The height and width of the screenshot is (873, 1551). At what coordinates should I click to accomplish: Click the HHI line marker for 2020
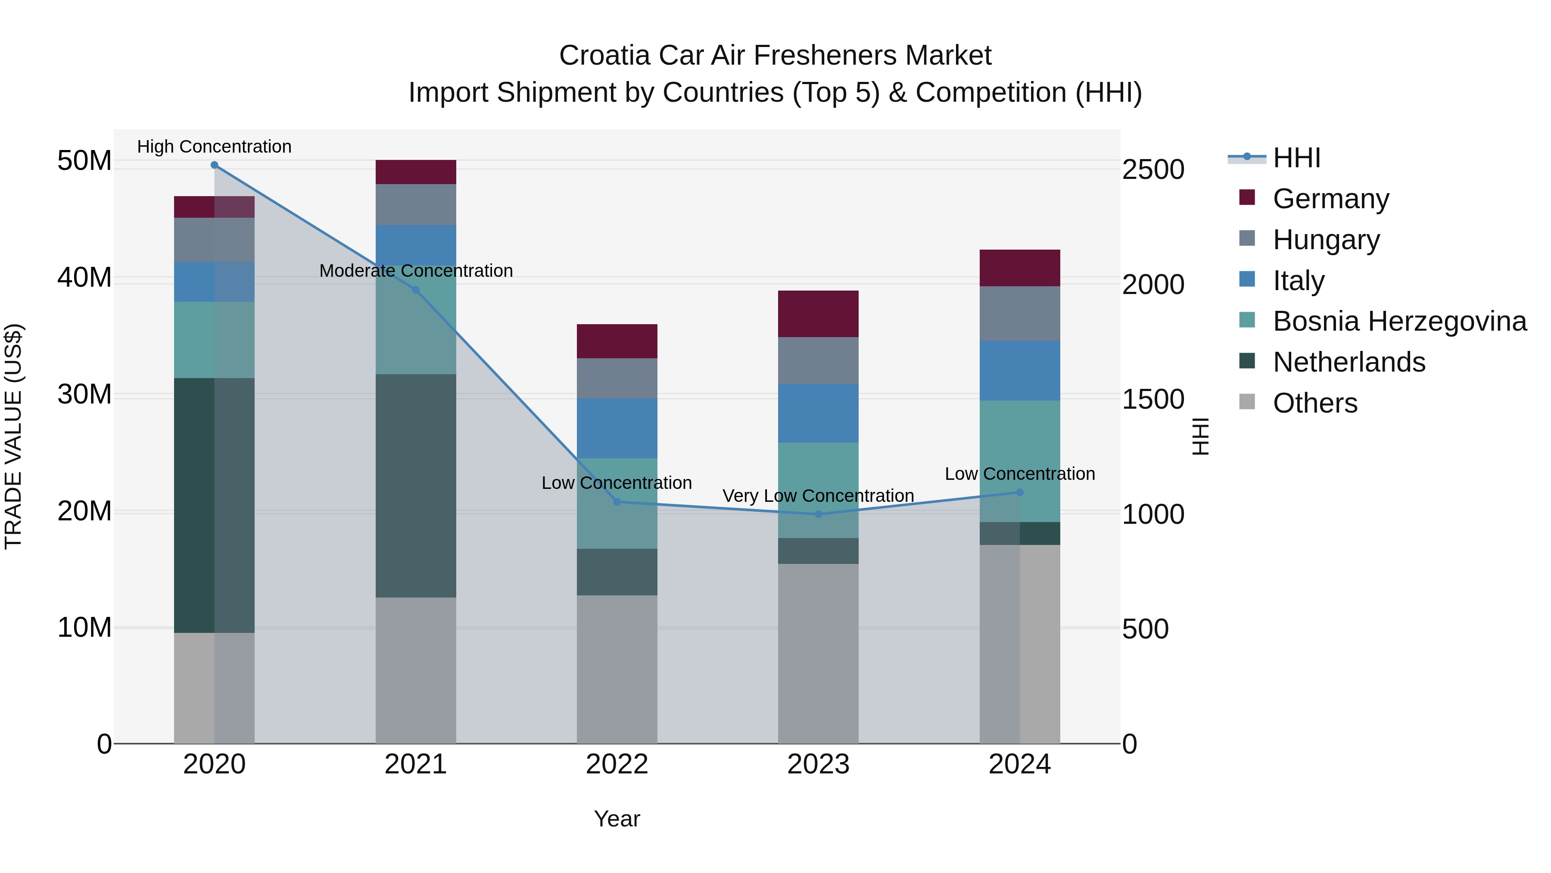pyautogui.click(x=215, y=165)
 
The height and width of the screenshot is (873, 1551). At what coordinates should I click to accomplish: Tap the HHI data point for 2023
pyautogui.click(x=818, y=514)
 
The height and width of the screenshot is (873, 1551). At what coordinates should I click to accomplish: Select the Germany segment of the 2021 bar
pyautogui.click(x=415, y=172)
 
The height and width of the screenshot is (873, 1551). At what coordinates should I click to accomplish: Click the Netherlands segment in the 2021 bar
pyautogui.click(x=415, y=485)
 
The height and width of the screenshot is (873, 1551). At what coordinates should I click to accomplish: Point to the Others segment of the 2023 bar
pyautogui.click(x=818, y=653)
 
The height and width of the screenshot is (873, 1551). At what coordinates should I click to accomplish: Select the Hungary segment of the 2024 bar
pyautogui.click(x=1019, y=313)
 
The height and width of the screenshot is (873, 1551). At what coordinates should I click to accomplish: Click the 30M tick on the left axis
pyautogui.click(x=84, y=394)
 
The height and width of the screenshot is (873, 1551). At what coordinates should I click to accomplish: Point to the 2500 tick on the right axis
pyautogui.click(x=1153, y=170)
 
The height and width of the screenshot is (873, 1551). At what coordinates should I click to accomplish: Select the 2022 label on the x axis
pyautogui.click(x=617, y=764)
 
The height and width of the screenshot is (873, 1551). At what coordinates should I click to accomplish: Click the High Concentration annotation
pyautogui.click(x=215, y=147)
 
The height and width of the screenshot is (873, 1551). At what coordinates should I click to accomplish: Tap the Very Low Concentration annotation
pyautogui.click(x=818, y=496)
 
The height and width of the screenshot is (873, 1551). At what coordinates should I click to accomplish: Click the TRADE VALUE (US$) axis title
pyautogui.click(x=13, y=436)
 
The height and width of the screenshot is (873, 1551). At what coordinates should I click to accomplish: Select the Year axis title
pyautogui.click(x=617, y=819)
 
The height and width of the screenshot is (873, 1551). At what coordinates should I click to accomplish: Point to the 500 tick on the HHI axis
pyautogui.click(x=1145, y=629)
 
